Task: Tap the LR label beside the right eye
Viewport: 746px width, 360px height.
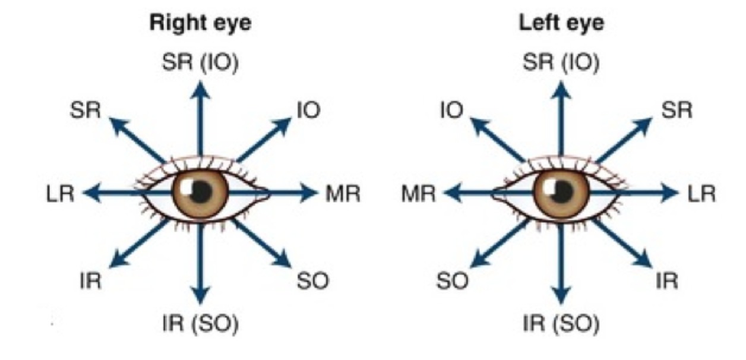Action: pos(59,194)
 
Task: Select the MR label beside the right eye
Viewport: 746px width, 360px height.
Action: pos(343,194)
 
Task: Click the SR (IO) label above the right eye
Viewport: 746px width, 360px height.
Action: pos(200,62)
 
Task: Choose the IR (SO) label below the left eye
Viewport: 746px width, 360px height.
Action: pos(561,324)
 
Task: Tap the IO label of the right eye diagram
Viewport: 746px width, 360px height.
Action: pos(308,110)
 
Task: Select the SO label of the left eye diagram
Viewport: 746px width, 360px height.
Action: pos(453,281)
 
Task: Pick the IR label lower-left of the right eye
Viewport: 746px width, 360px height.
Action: pos(90,281)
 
